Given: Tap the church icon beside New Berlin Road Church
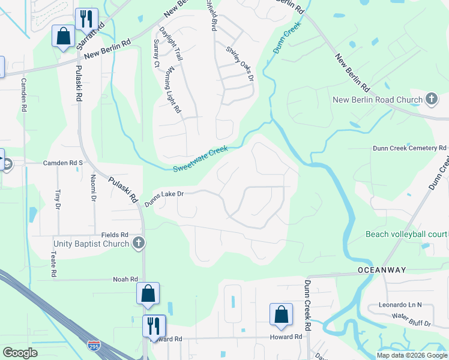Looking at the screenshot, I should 431,99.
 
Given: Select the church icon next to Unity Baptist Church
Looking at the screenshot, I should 139,244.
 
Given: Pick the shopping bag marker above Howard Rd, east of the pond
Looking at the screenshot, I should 280,314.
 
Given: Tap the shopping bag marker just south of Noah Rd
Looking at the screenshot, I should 148,294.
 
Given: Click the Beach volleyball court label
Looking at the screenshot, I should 406,234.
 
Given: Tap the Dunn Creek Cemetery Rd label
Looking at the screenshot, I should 409,148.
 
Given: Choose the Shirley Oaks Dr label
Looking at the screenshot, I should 240,64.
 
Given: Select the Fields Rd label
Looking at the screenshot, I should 115,235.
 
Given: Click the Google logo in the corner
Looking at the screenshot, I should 20,353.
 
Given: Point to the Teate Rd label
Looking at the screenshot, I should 53,264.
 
